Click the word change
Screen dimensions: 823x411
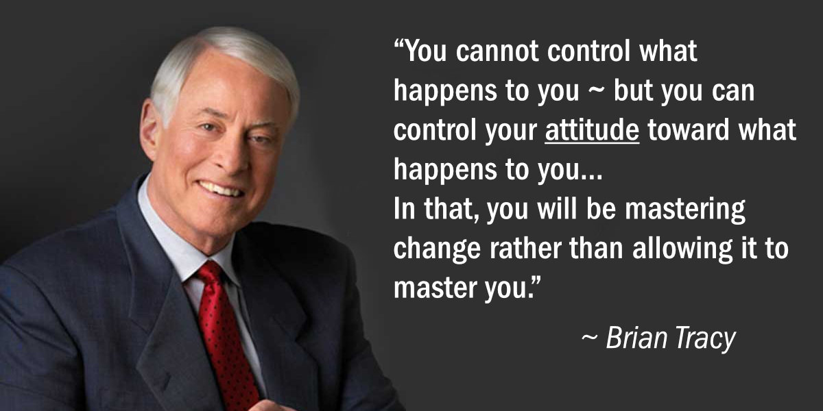[x=437, y=249]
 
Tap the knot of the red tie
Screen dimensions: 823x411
[x=210, y=275]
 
